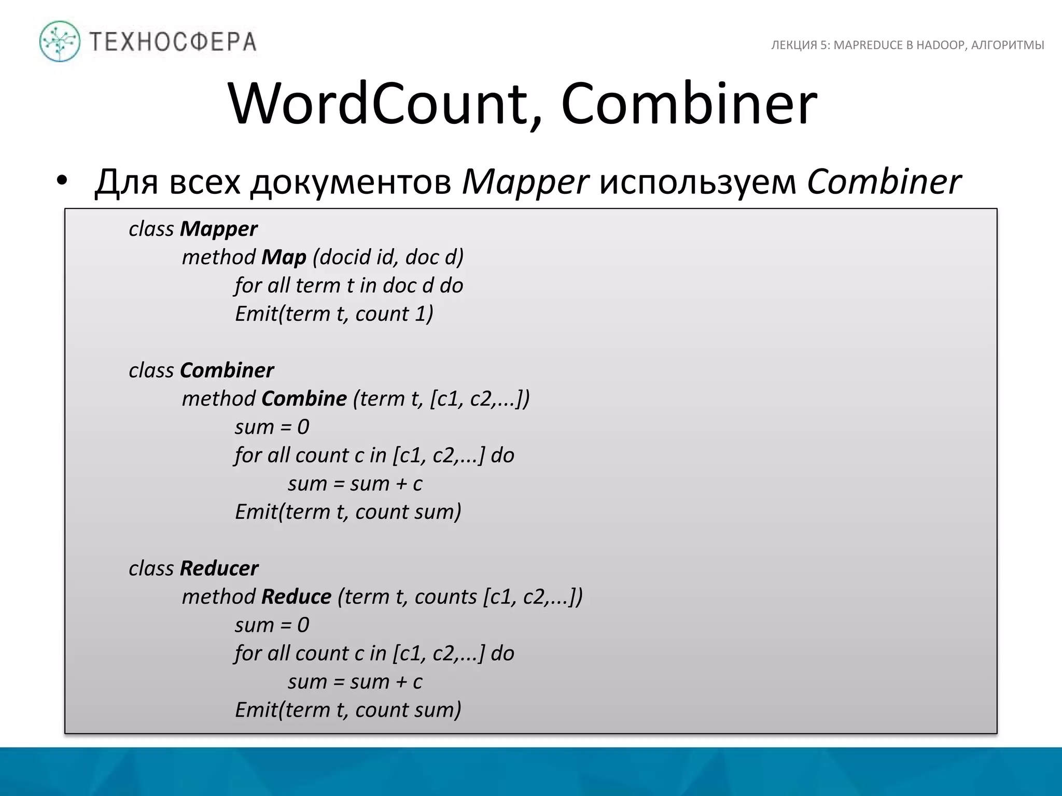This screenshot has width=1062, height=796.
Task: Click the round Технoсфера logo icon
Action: click(x=60, y=41)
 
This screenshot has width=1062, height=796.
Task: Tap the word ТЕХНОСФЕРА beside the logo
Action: click(x=173, y=42)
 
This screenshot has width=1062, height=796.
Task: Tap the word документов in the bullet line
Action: click(x=351, y=182)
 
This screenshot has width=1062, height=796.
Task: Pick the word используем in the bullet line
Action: click(x=697, y=182)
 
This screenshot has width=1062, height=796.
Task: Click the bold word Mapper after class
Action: click(x=218, y=229)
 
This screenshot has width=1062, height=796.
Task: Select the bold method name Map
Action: click(x=284, y=257)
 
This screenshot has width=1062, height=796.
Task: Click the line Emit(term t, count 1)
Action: click(x=334, y=314)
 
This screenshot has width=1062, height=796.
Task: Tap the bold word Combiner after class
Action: click(x=227, y=371)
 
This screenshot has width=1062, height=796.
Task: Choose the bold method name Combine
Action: click(x=304, y=399)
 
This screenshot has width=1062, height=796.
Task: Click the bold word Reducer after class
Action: click(x=219, y=568)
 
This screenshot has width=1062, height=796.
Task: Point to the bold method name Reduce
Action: click(x=296, y=596)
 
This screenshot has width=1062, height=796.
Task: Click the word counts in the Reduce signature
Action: click(x=445, y=596)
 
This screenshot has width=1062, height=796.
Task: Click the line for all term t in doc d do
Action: click(x=348, y=286)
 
